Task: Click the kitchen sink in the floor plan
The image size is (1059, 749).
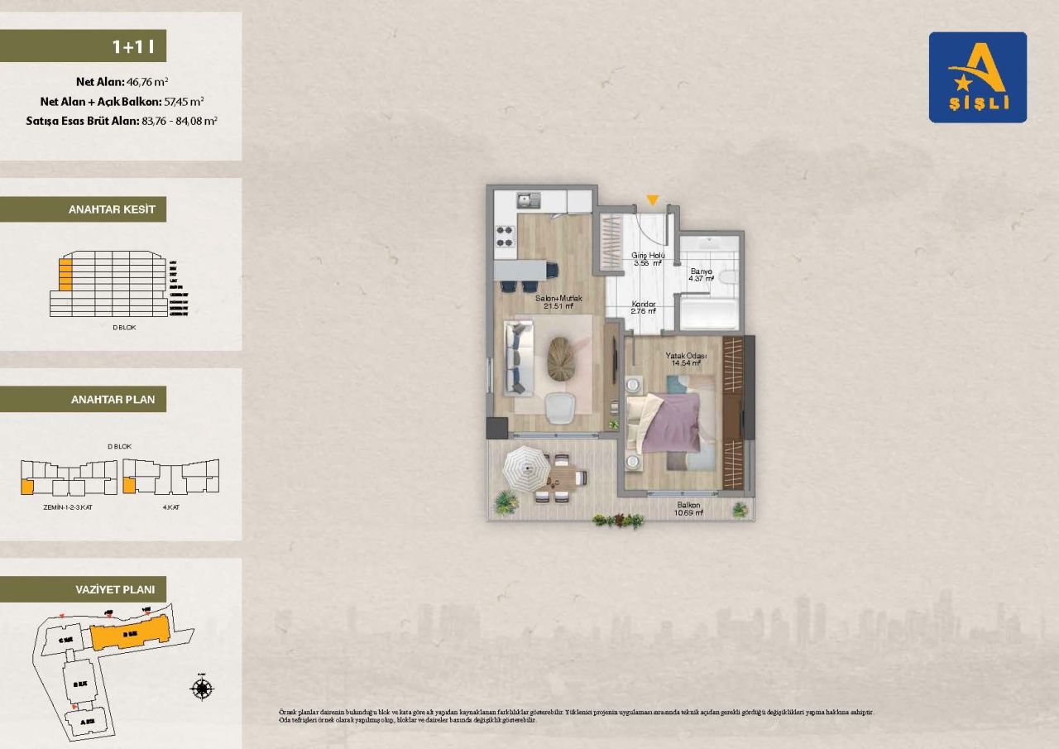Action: tap(527, 199)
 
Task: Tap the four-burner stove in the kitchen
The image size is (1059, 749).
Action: tap(506, 236)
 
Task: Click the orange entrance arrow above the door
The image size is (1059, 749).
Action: tap(653, 200)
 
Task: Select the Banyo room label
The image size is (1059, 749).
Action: tap(702, 271)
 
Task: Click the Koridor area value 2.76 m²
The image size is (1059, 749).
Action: tap(644, 312)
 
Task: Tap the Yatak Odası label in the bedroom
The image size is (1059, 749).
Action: tap(685, 356)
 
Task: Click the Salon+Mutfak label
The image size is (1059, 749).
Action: tap(559, 298)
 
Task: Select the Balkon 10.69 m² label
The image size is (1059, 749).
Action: tap(688, 509)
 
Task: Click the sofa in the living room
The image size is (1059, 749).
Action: tap(517, 358)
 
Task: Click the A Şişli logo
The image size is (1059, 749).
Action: tap(977, 78)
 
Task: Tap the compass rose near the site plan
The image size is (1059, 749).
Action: tap(203, 688)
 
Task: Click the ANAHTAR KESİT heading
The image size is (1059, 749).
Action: tap(112, 210)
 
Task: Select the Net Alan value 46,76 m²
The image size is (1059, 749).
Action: tap(147, 82)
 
